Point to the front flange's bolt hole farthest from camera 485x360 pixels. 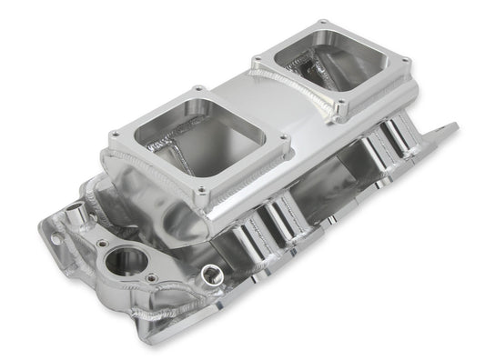click(197, 90)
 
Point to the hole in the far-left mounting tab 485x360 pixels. click(57, 239)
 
